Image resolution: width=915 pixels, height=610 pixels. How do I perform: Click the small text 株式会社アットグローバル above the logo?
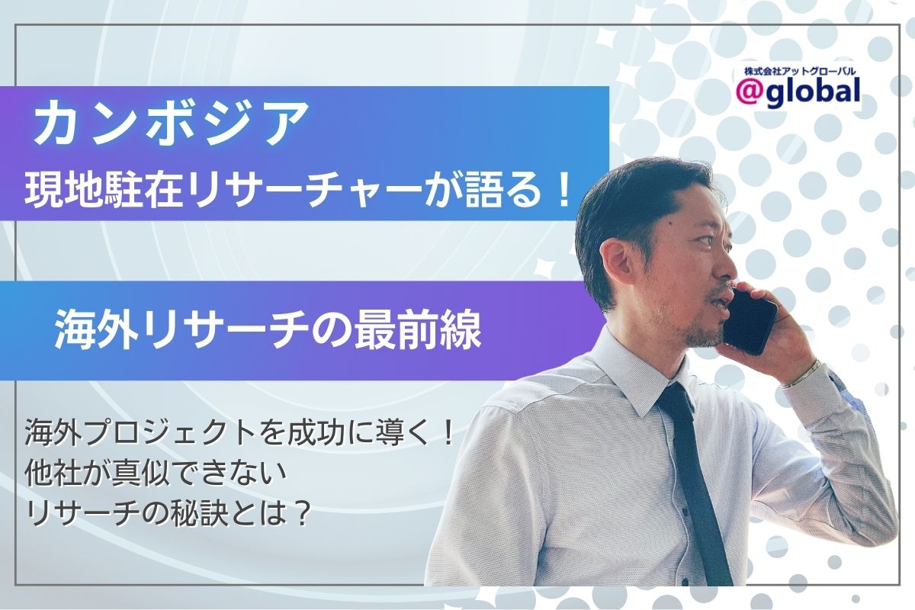coord(796,71)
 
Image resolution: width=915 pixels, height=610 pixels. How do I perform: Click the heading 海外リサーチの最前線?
coord(267,331)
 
